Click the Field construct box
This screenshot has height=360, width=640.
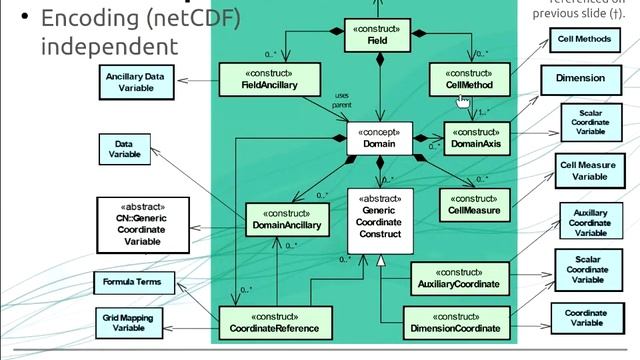pyautogui.click(x=379, y=37)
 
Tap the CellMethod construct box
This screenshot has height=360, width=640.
pyautogui.click(x=469, y=80)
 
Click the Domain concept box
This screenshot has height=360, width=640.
pyautogui.click(x=379, y=138)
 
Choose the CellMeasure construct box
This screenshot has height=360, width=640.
pyautogui.click(x=474, y=204)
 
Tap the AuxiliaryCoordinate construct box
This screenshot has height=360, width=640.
pyautogui.click(x=460, y=278)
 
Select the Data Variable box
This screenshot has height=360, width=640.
pyautogui.click(x=123, y=150)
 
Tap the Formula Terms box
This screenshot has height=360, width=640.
pyautogui.click(x=132, y=282)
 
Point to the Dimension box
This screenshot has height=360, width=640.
pyautogui.click(x=580, y=77)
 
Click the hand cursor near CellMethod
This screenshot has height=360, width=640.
pyautogui.click(x=463, y=99)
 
